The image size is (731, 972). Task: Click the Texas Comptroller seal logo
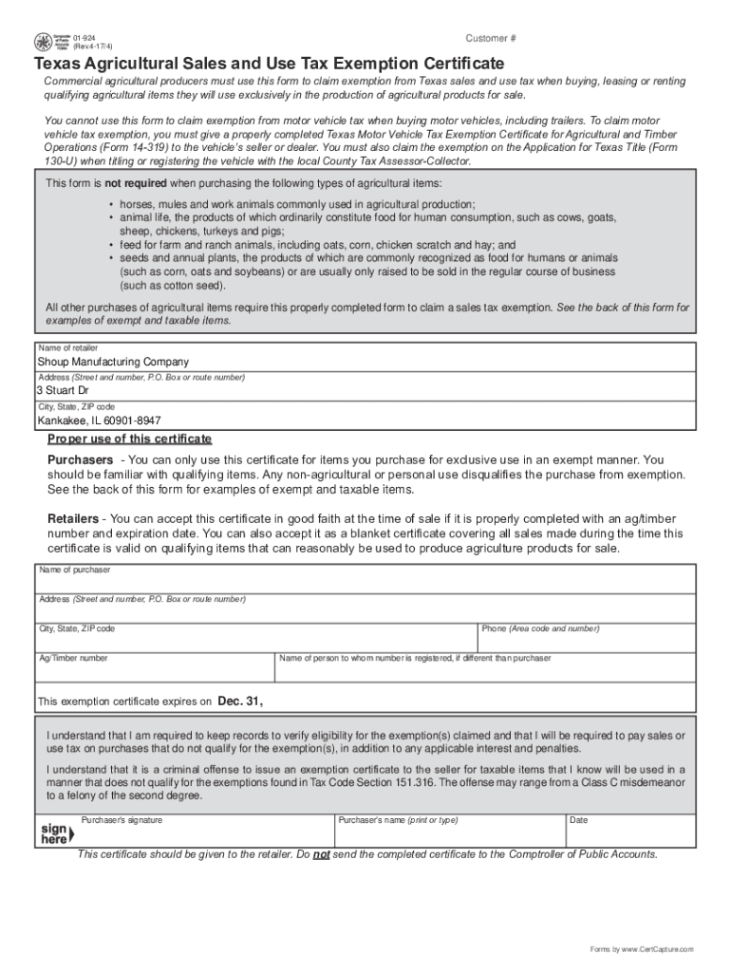pyautogui.click(x=45, y=42)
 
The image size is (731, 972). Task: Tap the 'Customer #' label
pyautogui.click(x=491, y=38)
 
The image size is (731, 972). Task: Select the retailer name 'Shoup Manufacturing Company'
pyautogui.click(x=113, y=362)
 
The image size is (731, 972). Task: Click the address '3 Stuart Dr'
pyautogui.click(x=63, y=390)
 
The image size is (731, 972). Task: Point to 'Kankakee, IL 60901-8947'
pyautogui.click(x=99, y=421)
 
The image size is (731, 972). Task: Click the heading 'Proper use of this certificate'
pyautogui.click(x=130, y=439)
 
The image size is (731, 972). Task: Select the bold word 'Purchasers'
pyautogui.click(x=81, y=459)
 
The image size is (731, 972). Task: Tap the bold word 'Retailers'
pyautogui.click(x=73, y=519)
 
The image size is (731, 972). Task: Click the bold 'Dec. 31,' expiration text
pyautogui.click(x=240, y=701)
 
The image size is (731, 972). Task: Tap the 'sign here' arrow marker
pyautogui.click(x=54, y=833)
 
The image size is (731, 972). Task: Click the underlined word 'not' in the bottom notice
pyautogui.click(x=322, y=854)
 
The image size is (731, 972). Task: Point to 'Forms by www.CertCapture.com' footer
pyautogui.click(x=642, y=949)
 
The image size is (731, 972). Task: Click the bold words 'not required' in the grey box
pyautogui.click(x=136, y=182)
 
